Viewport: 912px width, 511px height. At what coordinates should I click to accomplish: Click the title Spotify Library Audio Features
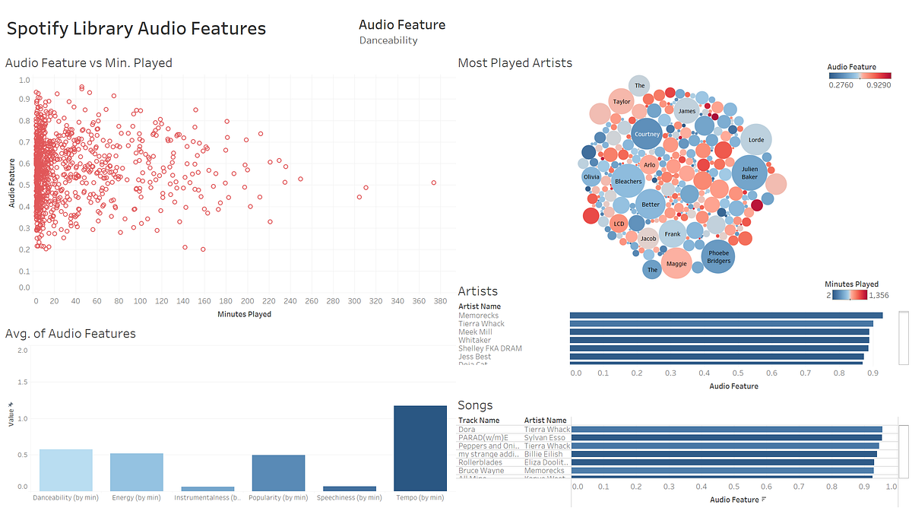(x=137, y=29)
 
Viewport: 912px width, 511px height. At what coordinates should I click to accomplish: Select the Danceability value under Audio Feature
(x=388, y=40)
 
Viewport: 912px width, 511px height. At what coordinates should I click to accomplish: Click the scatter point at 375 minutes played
(x=434, y=182)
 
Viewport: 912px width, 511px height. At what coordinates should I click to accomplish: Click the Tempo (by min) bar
(x=420, y=448)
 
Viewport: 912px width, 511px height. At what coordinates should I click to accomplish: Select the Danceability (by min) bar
(x=66, y=470)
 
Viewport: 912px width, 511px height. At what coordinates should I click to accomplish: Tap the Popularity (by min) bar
(x=278, y=473)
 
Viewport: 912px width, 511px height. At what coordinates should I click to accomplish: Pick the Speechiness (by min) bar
(x=349, y=488)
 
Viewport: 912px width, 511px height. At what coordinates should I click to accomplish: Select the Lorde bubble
(x=755, y=140)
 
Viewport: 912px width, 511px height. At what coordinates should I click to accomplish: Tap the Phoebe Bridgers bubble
(x=718, y=256)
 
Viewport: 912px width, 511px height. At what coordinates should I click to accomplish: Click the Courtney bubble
(x=648, y=135)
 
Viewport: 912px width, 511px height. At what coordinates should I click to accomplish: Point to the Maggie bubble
(x=676, y=264)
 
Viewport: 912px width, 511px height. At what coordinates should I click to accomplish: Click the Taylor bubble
(x=622, y=101)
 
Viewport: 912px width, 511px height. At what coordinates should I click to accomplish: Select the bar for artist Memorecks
(x=726, y=315)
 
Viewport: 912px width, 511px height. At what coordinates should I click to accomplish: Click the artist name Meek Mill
(x=475, y=332)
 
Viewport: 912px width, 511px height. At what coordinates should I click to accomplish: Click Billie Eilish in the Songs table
(x=543, y=454)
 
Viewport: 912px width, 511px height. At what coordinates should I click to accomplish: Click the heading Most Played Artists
(x=515, y=62)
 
